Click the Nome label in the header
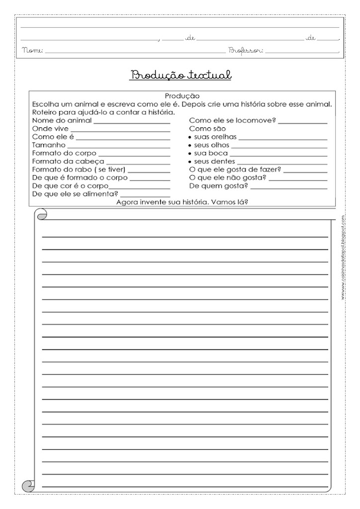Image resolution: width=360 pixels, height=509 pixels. click(33, 50)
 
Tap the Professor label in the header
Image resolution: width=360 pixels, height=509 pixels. click(246, 50)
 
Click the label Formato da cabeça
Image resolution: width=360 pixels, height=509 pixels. click(68, 162)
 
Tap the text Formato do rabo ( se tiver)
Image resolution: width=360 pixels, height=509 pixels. click(79, 170)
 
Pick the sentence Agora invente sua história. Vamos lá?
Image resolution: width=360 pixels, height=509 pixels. click(182, 202)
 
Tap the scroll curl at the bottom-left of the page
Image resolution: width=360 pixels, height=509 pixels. click(29, 484)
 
